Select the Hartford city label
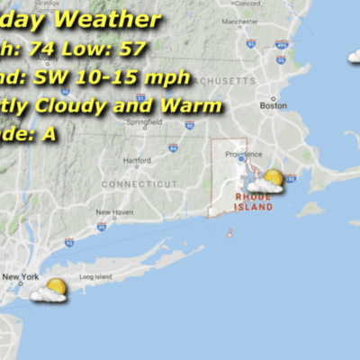[137, 161]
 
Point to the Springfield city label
[138, 121]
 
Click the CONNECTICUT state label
[139, 184]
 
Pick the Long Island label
[94, 277]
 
